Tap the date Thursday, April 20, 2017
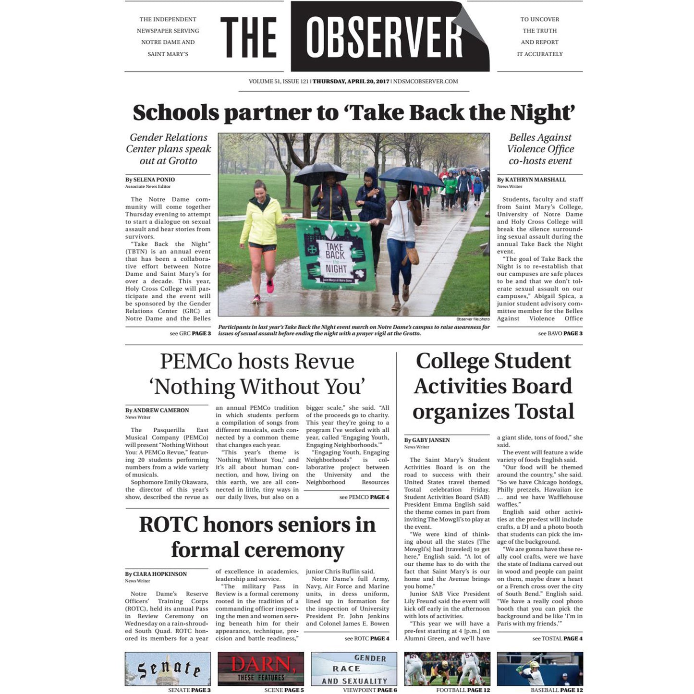coord(351,82)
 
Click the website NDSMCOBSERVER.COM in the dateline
coord(426,82)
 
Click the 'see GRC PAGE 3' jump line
coord(190,333)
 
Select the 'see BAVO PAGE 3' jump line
coord(560,333)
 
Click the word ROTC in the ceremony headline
coord(168,524)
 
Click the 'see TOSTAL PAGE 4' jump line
coord(557,639)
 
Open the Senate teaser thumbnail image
coord(168,669)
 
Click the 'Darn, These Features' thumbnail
coord(261,669)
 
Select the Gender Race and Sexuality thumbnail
coord(354,669)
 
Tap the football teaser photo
coord(447,669)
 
